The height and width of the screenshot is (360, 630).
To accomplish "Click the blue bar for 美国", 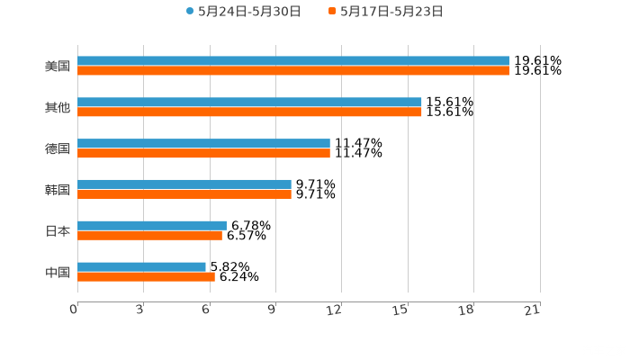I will pyautogui.click(x=292, y=61).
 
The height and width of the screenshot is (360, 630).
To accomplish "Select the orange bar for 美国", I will pyautogui.click(x=292, y=70).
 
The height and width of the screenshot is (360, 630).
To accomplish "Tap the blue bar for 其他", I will pyautogui.click(x=249, y=103).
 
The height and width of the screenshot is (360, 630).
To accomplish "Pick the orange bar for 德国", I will pyautogui.click(x=203, y=153).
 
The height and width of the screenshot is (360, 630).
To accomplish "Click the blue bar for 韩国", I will pyautogui.click(x=184, y=184).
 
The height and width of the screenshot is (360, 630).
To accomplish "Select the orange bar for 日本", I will pyautogui.click(x=149, y=235).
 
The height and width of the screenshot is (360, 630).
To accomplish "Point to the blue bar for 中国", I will pyautogui.click(x=141, y=266).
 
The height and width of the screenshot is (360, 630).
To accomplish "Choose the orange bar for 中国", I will pyautogui.click(x=146, y=276).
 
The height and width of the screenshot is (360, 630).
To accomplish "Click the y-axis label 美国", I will pyautogui.click(x=58, y=66).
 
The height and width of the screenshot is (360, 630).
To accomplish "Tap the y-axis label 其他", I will pyautogui.click(x=58, y=107).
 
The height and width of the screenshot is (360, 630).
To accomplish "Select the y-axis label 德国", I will pyautogui.click(x=58, y=148).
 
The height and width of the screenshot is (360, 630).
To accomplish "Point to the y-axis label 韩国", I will pyautogui.click(x=58, y=189).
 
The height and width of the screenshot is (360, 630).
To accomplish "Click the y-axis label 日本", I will pyautogui.click(x=58, y=230).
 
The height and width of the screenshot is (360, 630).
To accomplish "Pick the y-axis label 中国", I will pyautogui.click(x=58, y=272).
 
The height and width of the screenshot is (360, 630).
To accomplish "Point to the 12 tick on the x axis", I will pyautogui.click(x=335, y=310).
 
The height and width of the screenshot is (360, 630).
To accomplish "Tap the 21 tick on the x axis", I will pyautogui.click(x=532, y=310).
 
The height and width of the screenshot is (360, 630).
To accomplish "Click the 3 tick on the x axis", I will pyautogui.click(x=140, y=310).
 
